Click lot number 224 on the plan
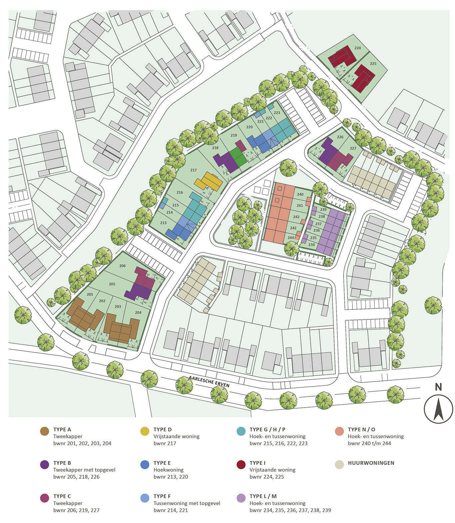[357, 48]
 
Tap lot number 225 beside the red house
[373, 64]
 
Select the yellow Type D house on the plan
[208, 181]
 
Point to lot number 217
[194, 170]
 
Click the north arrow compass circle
[438, 409]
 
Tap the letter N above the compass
[438, 387]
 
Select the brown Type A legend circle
[44, 432]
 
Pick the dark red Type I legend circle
[241, 465]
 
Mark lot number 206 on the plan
[122, 266]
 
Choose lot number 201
[90, 294]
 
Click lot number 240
[300, 195]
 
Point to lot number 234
[311, 245]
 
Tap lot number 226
[340, 137]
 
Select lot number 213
[163, 223]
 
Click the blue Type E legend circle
[145, 465]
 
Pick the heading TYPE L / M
[263, 496]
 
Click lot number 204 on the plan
[138, 312]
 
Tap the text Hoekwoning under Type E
[169, 470]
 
